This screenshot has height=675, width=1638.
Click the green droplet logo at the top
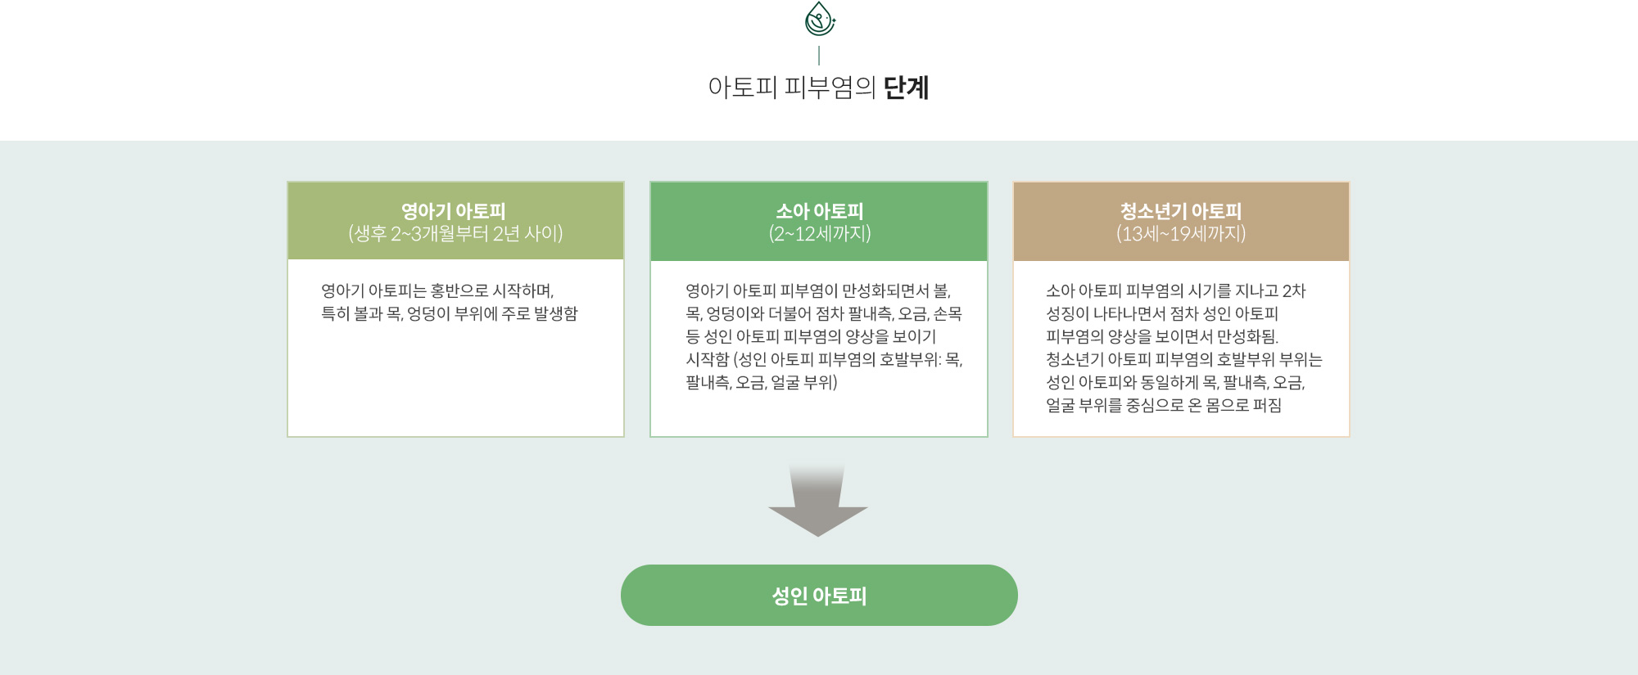pos(819,19)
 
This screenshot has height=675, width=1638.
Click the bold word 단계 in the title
pos(906,88)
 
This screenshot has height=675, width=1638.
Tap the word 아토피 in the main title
pos(742,88)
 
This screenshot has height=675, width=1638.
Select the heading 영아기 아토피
pos(454,211)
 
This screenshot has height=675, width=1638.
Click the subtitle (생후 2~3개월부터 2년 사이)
pos(455,234)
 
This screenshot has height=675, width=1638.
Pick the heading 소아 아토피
pos(819,211)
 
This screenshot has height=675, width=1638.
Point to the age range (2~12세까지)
pos(819,234)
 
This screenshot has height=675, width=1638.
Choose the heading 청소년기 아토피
pos(1181,211)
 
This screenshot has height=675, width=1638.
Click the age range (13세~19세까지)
pos(1181,234)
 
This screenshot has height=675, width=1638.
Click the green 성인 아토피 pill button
pos(819,595)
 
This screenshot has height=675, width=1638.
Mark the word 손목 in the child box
pos(948,313)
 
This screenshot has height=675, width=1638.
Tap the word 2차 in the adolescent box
pos(1294,290)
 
